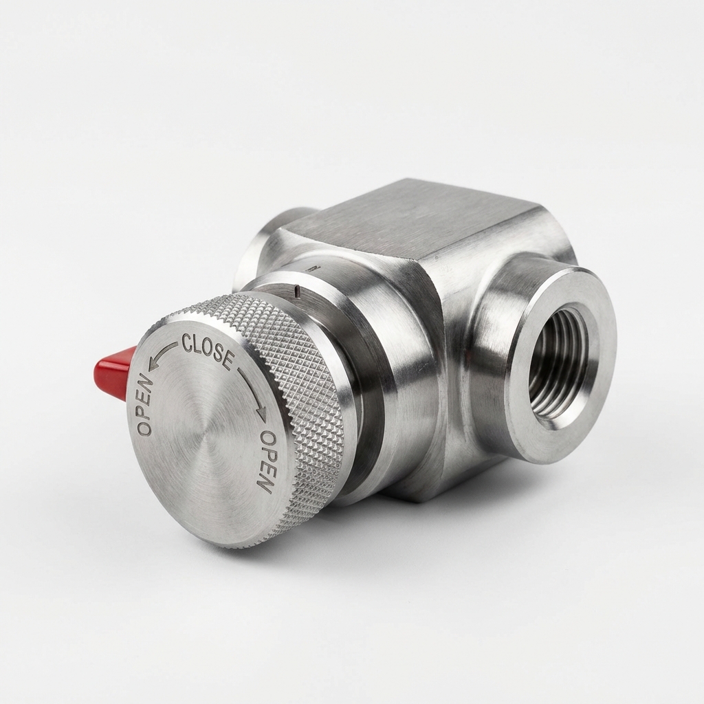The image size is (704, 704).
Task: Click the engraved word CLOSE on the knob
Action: (x=208, y=349)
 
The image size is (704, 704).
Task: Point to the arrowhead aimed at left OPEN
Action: (x=153, y=364)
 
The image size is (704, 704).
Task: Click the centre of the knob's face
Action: (x=206, y=431)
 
